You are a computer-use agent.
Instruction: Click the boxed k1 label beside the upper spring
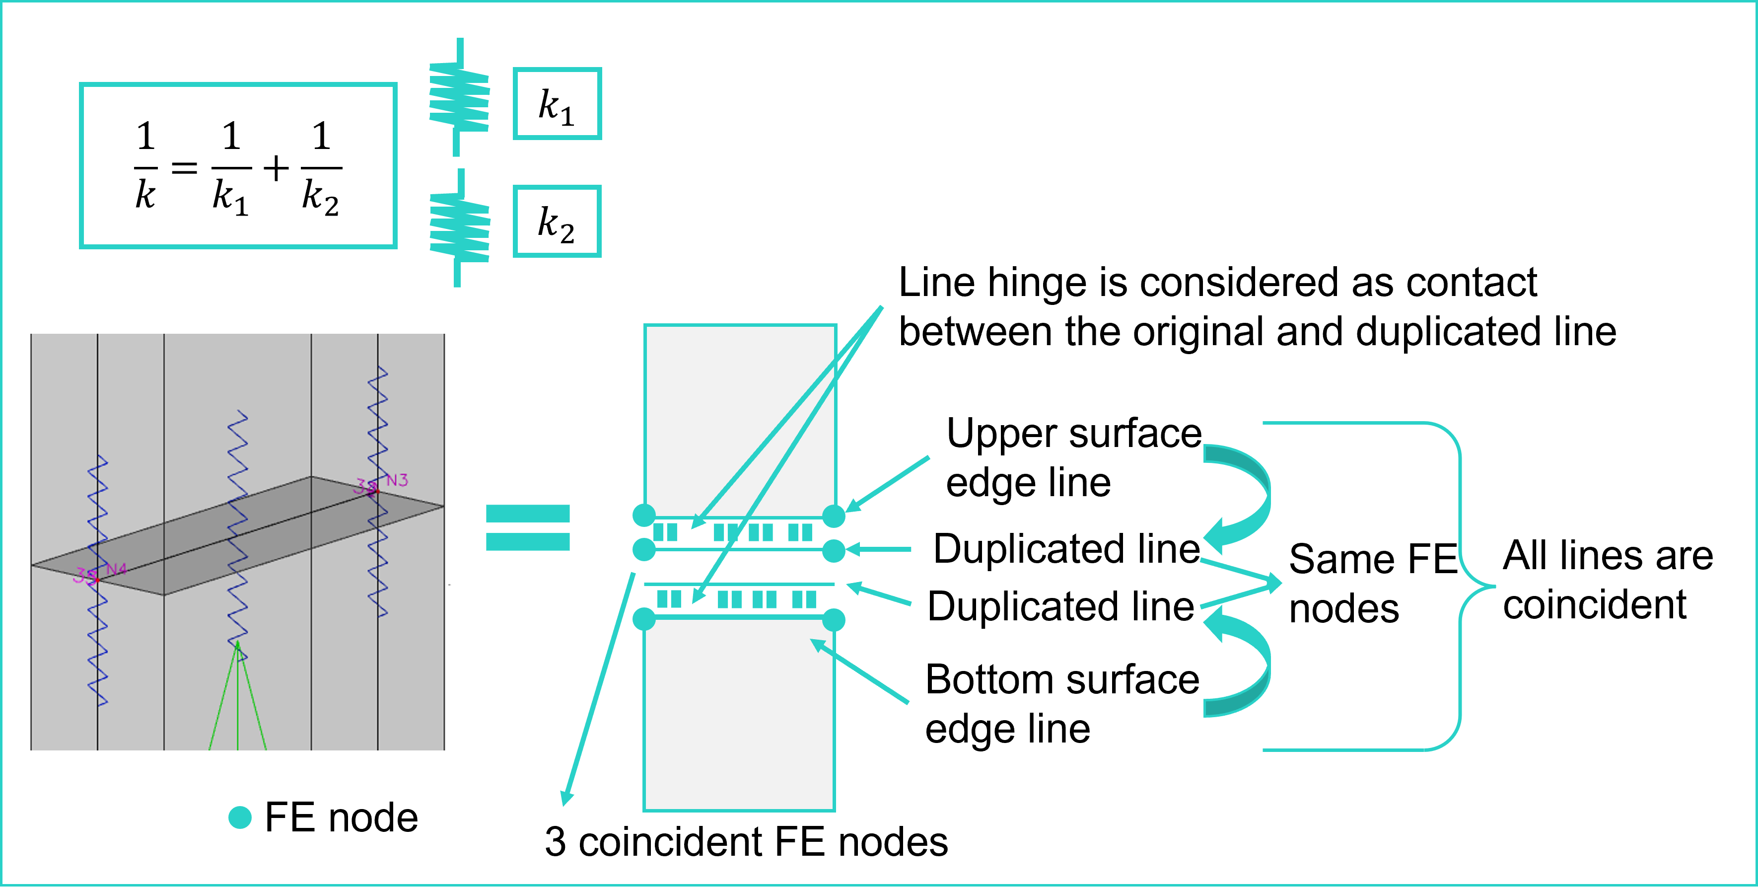pyautogui.click(x=557, y=104)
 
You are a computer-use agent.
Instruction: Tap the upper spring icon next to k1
pyautogui.click(x=459, y=97)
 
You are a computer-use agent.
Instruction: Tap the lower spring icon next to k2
pyautogui.click(x=459, y=227)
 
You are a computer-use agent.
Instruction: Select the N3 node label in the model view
pyautogui.click(x=397, y=480)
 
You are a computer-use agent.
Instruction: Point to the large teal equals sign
pyautogui.click(x=528, y=527)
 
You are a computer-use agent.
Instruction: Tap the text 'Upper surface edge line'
pyautogui.click(x=1073, y=457)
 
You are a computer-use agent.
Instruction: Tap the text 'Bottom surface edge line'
pyautogui.click(x=1062, y=703)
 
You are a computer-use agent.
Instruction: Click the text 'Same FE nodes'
pyautogui.click(x=1372, y=583)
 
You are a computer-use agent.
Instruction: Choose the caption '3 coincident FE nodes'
pyautogui.click(x=746, y=841)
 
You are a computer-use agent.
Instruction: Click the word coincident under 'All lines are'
pyautogui.click(x=1594, y=605)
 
